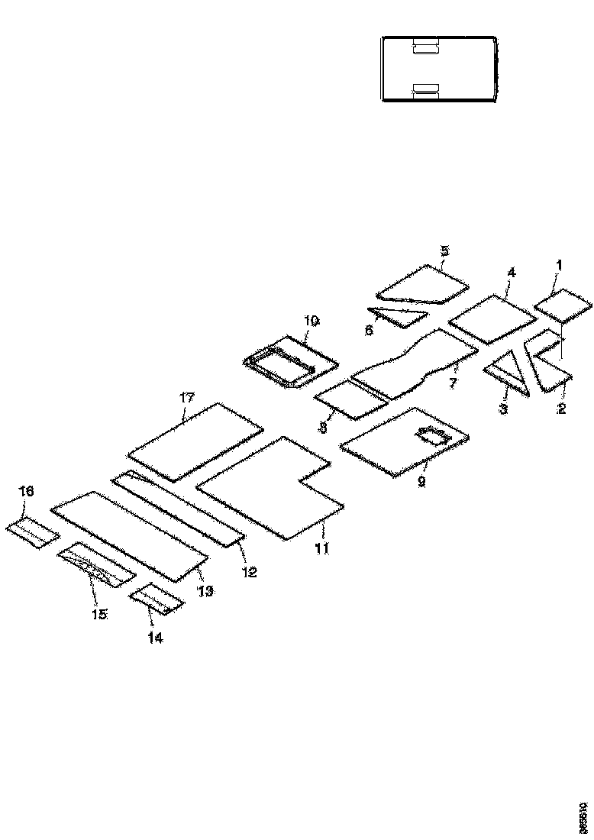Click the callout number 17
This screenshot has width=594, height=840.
[187, 397]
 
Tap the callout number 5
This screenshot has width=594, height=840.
[445, 250]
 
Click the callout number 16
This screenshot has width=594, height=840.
[27, 492]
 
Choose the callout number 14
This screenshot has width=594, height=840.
[155, 638]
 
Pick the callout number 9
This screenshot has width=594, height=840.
[421, 483]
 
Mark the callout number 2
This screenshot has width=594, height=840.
[561, 409]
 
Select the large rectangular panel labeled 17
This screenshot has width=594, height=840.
[195, 443]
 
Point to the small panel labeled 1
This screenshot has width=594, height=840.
[563, 305]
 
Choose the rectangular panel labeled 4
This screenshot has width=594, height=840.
[492, 318]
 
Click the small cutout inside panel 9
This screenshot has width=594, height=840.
[433, 438]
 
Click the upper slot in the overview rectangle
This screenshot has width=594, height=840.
[425, 48]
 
